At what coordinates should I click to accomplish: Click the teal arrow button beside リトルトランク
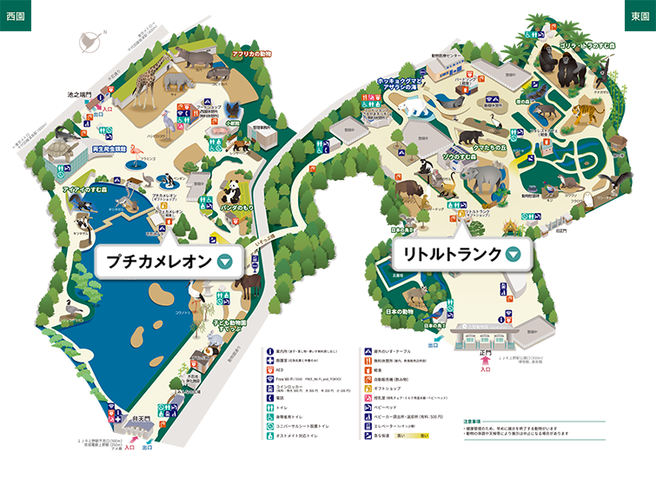pyautogui.click(x=514, y=255)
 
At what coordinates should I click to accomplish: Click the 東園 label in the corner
pyautogui.click(x=638, y=17)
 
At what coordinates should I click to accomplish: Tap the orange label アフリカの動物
pyautogui.click(x=251, y=55)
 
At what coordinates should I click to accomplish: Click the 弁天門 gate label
pyautogui.click(x=130, y=420)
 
